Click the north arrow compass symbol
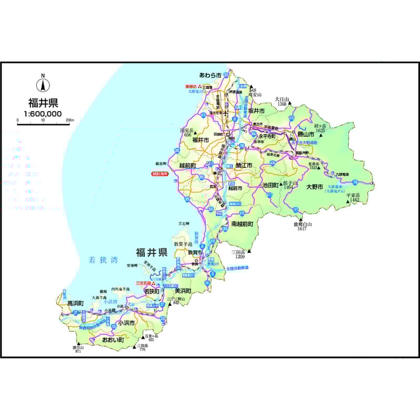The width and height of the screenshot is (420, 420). (43, 84)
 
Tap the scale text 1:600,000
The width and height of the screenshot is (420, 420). (43, 113)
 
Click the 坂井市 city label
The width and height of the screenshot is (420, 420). (256, 111)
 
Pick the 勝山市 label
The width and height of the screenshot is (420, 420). (306, 134)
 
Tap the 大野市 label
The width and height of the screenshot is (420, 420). (316, 186)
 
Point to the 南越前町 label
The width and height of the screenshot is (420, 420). (242, 223)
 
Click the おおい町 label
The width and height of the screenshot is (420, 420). (113, 340)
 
